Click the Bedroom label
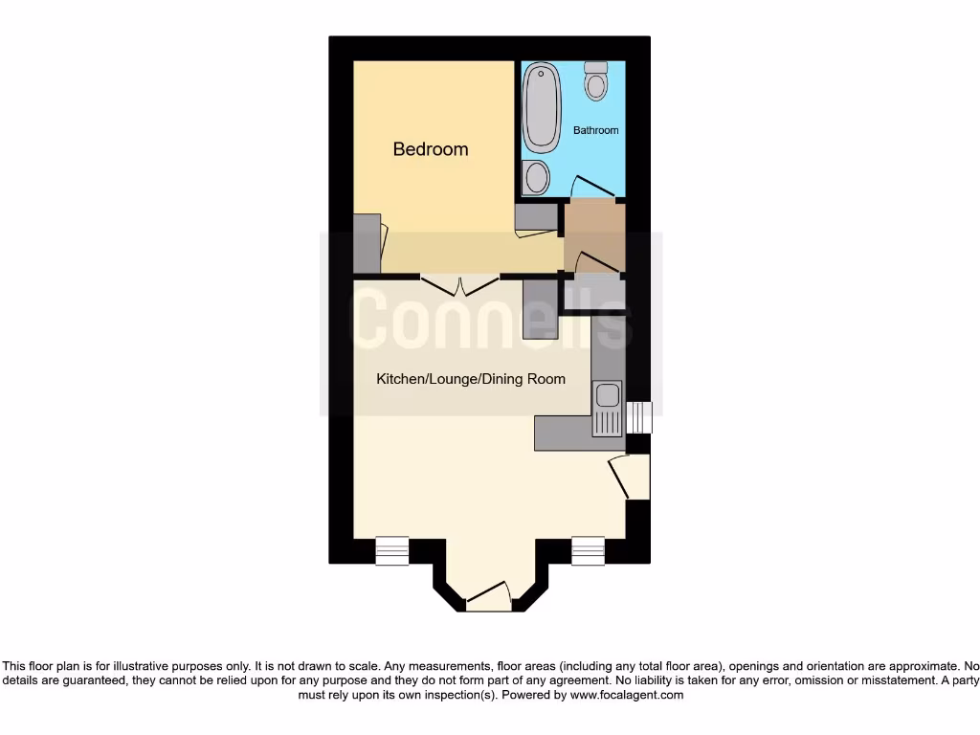(431, 149)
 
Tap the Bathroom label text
(595, 130)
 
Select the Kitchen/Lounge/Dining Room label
(470, 379)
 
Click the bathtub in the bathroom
(543, 107)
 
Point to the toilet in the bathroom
(596, 81)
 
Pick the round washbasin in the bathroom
(536, 177)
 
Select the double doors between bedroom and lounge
(460, 285)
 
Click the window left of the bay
(391, 550)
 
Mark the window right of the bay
(588, 550)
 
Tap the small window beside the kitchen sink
(637, 417)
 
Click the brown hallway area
(594, 230)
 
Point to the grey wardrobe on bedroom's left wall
(367, 243)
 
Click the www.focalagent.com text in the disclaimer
(626, 695)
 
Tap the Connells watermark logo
(491, 323)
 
